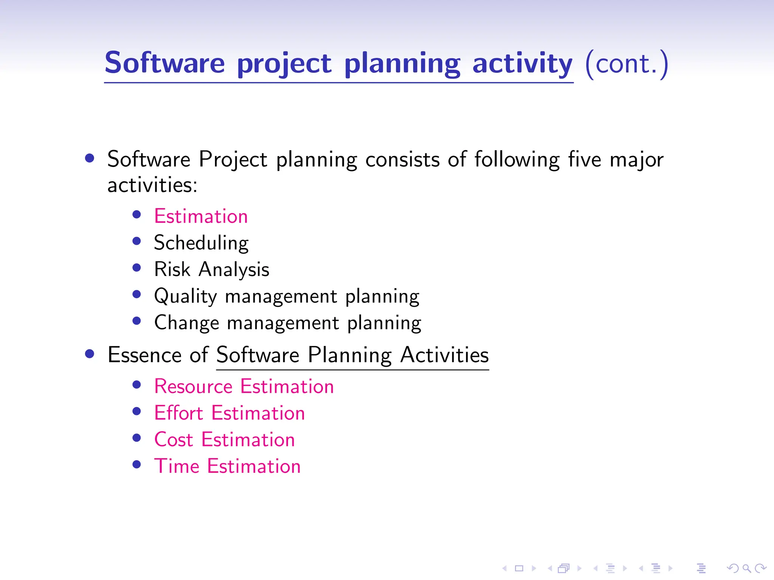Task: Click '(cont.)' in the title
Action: [627, 64]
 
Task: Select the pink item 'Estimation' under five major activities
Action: [201, 216]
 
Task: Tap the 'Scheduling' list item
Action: [201, 243]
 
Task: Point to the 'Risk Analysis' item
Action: [212, 270]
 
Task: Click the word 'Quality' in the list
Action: [185, 296]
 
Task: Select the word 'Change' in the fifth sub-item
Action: [187, 323]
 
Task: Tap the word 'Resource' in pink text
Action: [193, 387]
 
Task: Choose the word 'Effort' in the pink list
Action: [179, 413]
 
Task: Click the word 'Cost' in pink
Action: [173, 440]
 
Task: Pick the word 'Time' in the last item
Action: [176, 466]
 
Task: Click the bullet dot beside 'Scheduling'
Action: [137, 241]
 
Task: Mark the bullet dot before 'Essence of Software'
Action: [90, 354]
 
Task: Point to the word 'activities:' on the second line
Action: [152, 185]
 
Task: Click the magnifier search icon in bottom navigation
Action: [746, 568]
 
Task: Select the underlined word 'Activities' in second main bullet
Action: [444, 355]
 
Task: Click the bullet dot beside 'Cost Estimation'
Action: [137, 438]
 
